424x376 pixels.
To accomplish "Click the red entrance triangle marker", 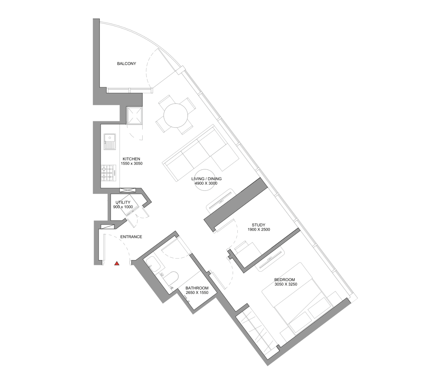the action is (x=117, y=263).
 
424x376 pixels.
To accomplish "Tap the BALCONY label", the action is (x=126, y=63).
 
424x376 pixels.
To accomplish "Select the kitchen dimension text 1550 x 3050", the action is (x=132, y=163).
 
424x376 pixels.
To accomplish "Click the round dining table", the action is (x=175, y=116).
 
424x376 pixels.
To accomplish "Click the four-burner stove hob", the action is (x=108, y=173).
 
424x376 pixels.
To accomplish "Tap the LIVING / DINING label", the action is (x=206, y=179).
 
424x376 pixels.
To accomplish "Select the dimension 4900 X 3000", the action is (x=206, y=183).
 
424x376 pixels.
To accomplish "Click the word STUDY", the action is (x=258, y=225).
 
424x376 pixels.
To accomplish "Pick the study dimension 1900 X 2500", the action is (x=259, y=230).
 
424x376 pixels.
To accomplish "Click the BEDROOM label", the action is (x=285, y=279).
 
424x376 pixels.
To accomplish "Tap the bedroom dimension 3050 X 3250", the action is (x=286, y=284).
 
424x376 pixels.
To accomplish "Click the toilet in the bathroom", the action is (x=170, y=278).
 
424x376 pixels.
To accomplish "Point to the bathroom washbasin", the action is (x=153, y=264).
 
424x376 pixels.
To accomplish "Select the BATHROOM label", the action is (x=197, y=288).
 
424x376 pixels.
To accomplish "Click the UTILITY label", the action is (x=123, y=202).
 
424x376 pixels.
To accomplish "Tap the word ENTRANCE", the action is (x=131, y=237).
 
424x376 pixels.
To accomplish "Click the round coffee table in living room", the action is (x=205, y=180).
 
